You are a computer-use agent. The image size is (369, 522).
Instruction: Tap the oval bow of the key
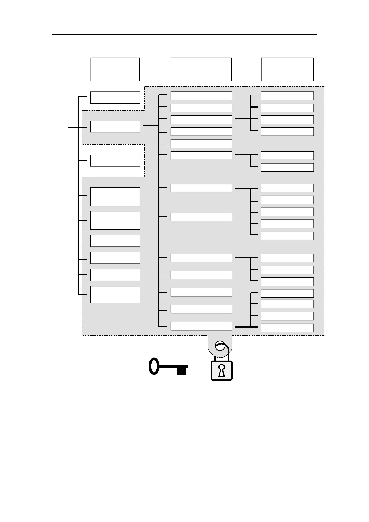pos(154,366)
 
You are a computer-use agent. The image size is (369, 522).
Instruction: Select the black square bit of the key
pos(182,371)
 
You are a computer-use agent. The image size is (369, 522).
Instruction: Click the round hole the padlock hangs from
pos(220,346)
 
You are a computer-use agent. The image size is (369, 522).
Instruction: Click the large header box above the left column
pos(115,69)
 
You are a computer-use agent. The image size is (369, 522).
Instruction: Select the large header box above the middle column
pos(201,69)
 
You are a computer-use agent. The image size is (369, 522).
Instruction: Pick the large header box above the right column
pos(287,69)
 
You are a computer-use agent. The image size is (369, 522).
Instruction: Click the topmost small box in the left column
pos(115,97)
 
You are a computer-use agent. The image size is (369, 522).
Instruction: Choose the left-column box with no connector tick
pos(115,241)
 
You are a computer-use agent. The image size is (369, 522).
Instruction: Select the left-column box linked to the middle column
pos(115,126)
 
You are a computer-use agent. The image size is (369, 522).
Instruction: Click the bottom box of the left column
pos(115,294)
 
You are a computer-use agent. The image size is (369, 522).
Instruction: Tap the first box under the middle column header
pos(201,96)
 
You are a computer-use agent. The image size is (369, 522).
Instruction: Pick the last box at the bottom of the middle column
pos(201,326)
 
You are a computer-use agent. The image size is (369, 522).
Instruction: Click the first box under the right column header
pos(287,96)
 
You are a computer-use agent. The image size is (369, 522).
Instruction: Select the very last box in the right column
pos(287,328)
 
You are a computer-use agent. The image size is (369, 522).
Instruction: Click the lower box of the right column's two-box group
pos(287,167)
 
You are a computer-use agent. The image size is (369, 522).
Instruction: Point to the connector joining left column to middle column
pos(151,126)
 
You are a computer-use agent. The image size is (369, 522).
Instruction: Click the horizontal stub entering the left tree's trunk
pos(73,127)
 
